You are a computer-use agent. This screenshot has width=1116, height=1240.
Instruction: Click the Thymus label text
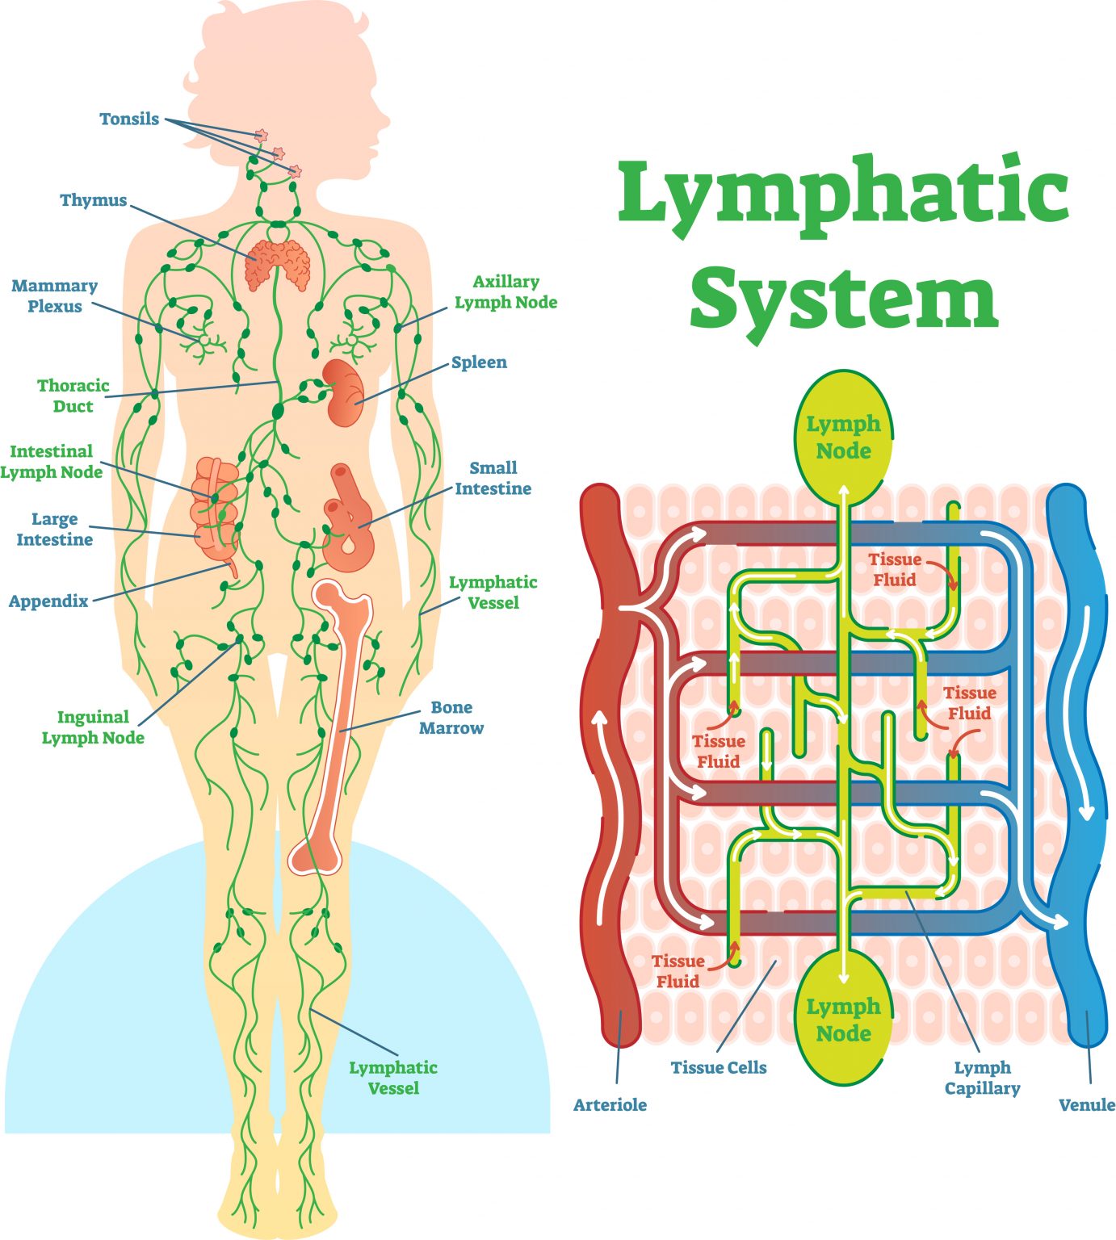pos(94,200)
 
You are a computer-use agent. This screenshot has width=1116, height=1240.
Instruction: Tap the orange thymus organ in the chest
pos(277,264)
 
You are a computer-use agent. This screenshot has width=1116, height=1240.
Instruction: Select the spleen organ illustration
pos(345,393)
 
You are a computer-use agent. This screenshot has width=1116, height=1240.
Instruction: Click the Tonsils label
pos(129,119)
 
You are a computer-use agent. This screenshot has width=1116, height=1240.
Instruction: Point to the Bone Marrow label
pos(451,717)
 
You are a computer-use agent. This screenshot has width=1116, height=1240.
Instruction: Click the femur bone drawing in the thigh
pos(333,727)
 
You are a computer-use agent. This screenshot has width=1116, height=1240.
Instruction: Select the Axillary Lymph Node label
pos(506,291)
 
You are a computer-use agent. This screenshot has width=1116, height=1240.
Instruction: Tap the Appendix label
pos(48,601)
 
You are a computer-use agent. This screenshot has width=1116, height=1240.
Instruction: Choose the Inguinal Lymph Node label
pos(93,727)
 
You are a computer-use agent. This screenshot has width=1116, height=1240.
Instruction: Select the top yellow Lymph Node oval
pos(843,437)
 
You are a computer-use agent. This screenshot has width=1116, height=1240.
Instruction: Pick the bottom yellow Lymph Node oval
pos(843,1020)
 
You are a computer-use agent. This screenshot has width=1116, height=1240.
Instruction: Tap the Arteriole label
pos(610,1104)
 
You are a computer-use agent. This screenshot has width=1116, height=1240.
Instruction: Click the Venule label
pos(1086,1104)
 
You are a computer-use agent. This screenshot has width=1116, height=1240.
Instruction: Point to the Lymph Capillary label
pos(982,1078)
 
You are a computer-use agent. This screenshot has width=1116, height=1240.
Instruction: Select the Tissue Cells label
pos(719,1067)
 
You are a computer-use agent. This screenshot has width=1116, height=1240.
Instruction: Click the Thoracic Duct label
pos(73,396)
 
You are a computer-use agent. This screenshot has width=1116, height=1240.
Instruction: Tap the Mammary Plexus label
pos(55,295)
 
